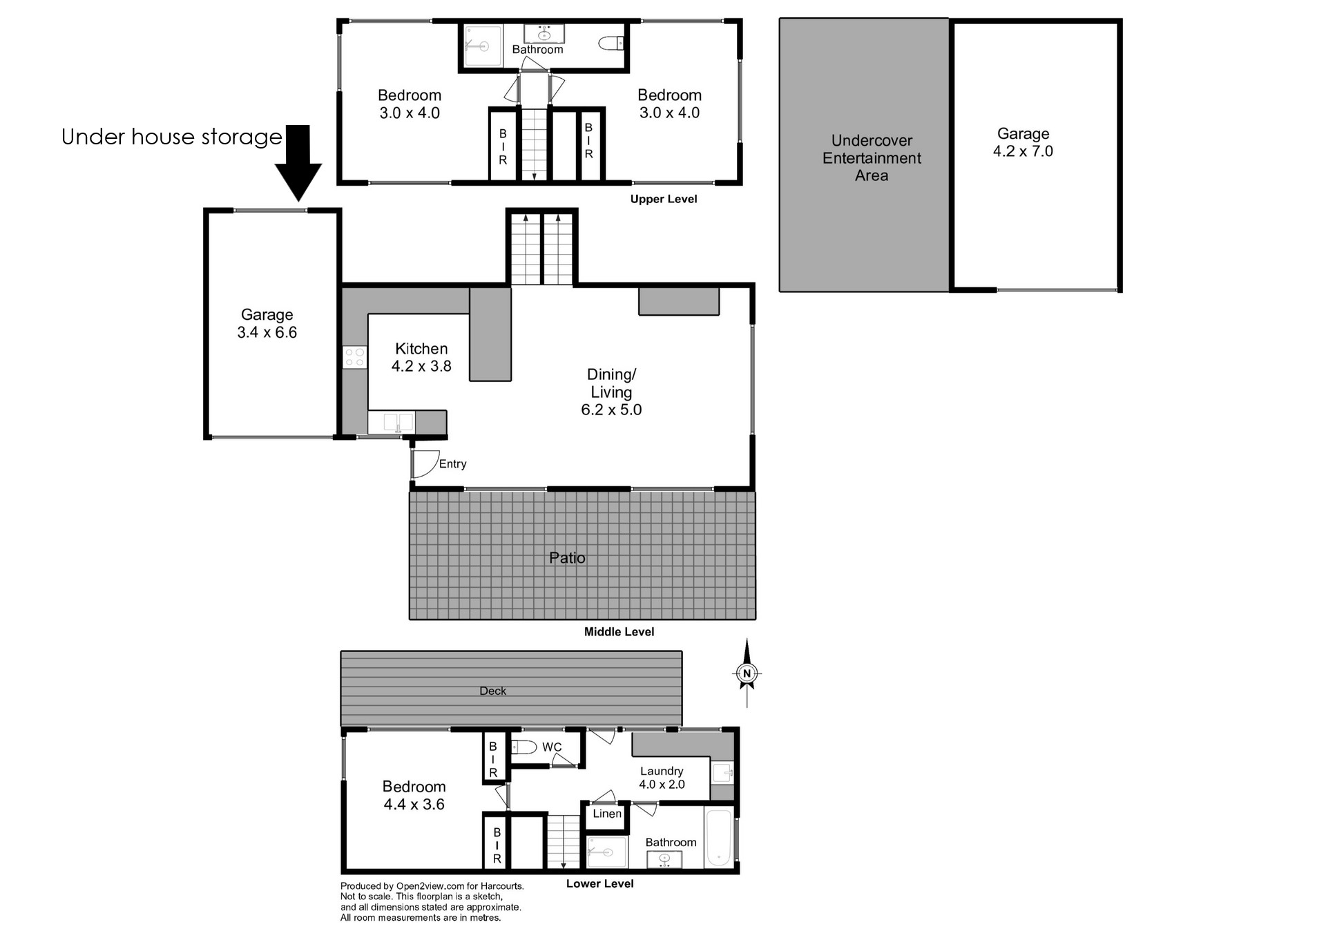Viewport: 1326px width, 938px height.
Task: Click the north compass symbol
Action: [747, 673]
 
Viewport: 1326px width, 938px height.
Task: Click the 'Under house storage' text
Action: [171, 137]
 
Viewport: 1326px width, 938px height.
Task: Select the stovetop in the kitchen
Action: [355, 357]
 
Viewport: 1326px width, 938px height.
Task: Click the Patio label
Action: [567, 557]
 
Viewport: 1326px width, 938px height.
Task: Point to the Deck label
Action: [492, 691]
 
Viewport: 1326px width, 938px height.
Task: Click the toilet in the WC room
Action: [524, 747]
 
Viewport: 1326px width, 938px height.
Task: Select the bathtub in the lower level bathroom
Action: [719, 838]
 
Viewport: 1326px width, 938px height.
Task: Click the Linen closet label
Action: [607, 814]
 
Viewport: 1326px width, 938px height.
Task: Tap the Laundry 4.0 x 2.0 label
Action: [662, 778]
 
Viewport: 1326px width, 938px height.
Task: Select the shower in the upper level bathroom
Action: [481, 46]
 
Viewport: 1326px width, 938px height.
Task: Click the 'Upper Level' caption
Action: [663, 199]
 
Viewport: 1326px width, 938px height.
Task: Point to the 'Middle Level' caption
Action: [619, 631]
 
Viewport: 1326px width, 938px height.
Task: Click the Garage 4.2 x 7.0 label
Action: [1023, 142]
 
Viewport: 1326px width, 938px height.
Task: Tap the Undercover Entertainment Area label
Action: [872, 158]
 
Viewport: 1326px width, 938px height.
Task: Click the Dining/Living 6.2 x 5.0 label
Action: [611, 392]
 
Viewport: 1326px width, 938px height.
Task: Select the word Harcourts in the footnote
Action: [502, 886]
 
